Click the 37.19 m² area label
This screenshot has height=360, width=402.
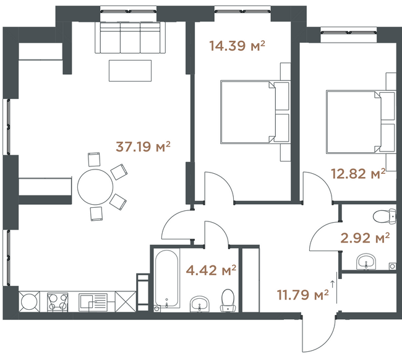(x=143, y=147)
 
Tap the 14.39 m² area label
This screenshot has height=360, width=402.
(x=237, y=46)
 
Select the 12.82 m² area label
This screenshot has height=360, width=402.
(x=358, y=174)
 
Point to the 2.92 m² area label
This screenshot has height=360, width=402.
(x=365, y=238)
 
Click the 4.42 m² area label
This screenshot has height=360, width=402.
(x=211, y=270)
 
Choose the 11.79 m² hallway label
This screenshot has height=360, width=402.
(x=303, y=294)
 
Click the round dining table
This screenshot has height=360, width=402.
(x=95, y=187)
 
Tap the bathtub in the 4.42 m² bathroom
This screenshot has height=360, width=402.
(x=166, y=278)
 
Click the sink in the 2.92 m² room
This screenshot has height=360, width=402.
(x=366, y=262)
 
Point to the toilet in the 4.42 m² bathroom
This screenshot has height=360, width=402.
(x=228, y=300)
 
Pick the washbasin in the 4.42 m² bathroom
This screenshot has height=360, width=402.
(x=200, y=304)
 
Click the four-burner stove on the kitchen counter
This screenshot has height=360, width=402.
(x=58, y=302)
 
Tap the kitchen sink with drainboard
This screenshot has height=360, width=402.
(x=93, y=302)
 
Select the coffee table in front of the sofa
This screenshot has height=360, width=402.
(x=130, y=71)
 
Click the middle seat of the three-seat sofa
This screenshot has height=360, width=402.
(x=130, y=38)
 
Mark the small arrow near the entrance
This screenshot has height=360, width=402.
(x=333, y=283)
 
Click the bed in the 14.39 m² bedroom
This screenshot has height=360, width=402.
(x=255, y=112)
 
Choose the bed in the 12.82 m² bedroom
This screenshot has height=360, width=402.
(x=361, y=122)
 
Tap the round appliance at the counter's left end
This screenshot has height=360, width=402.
(x=29, y=302)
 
